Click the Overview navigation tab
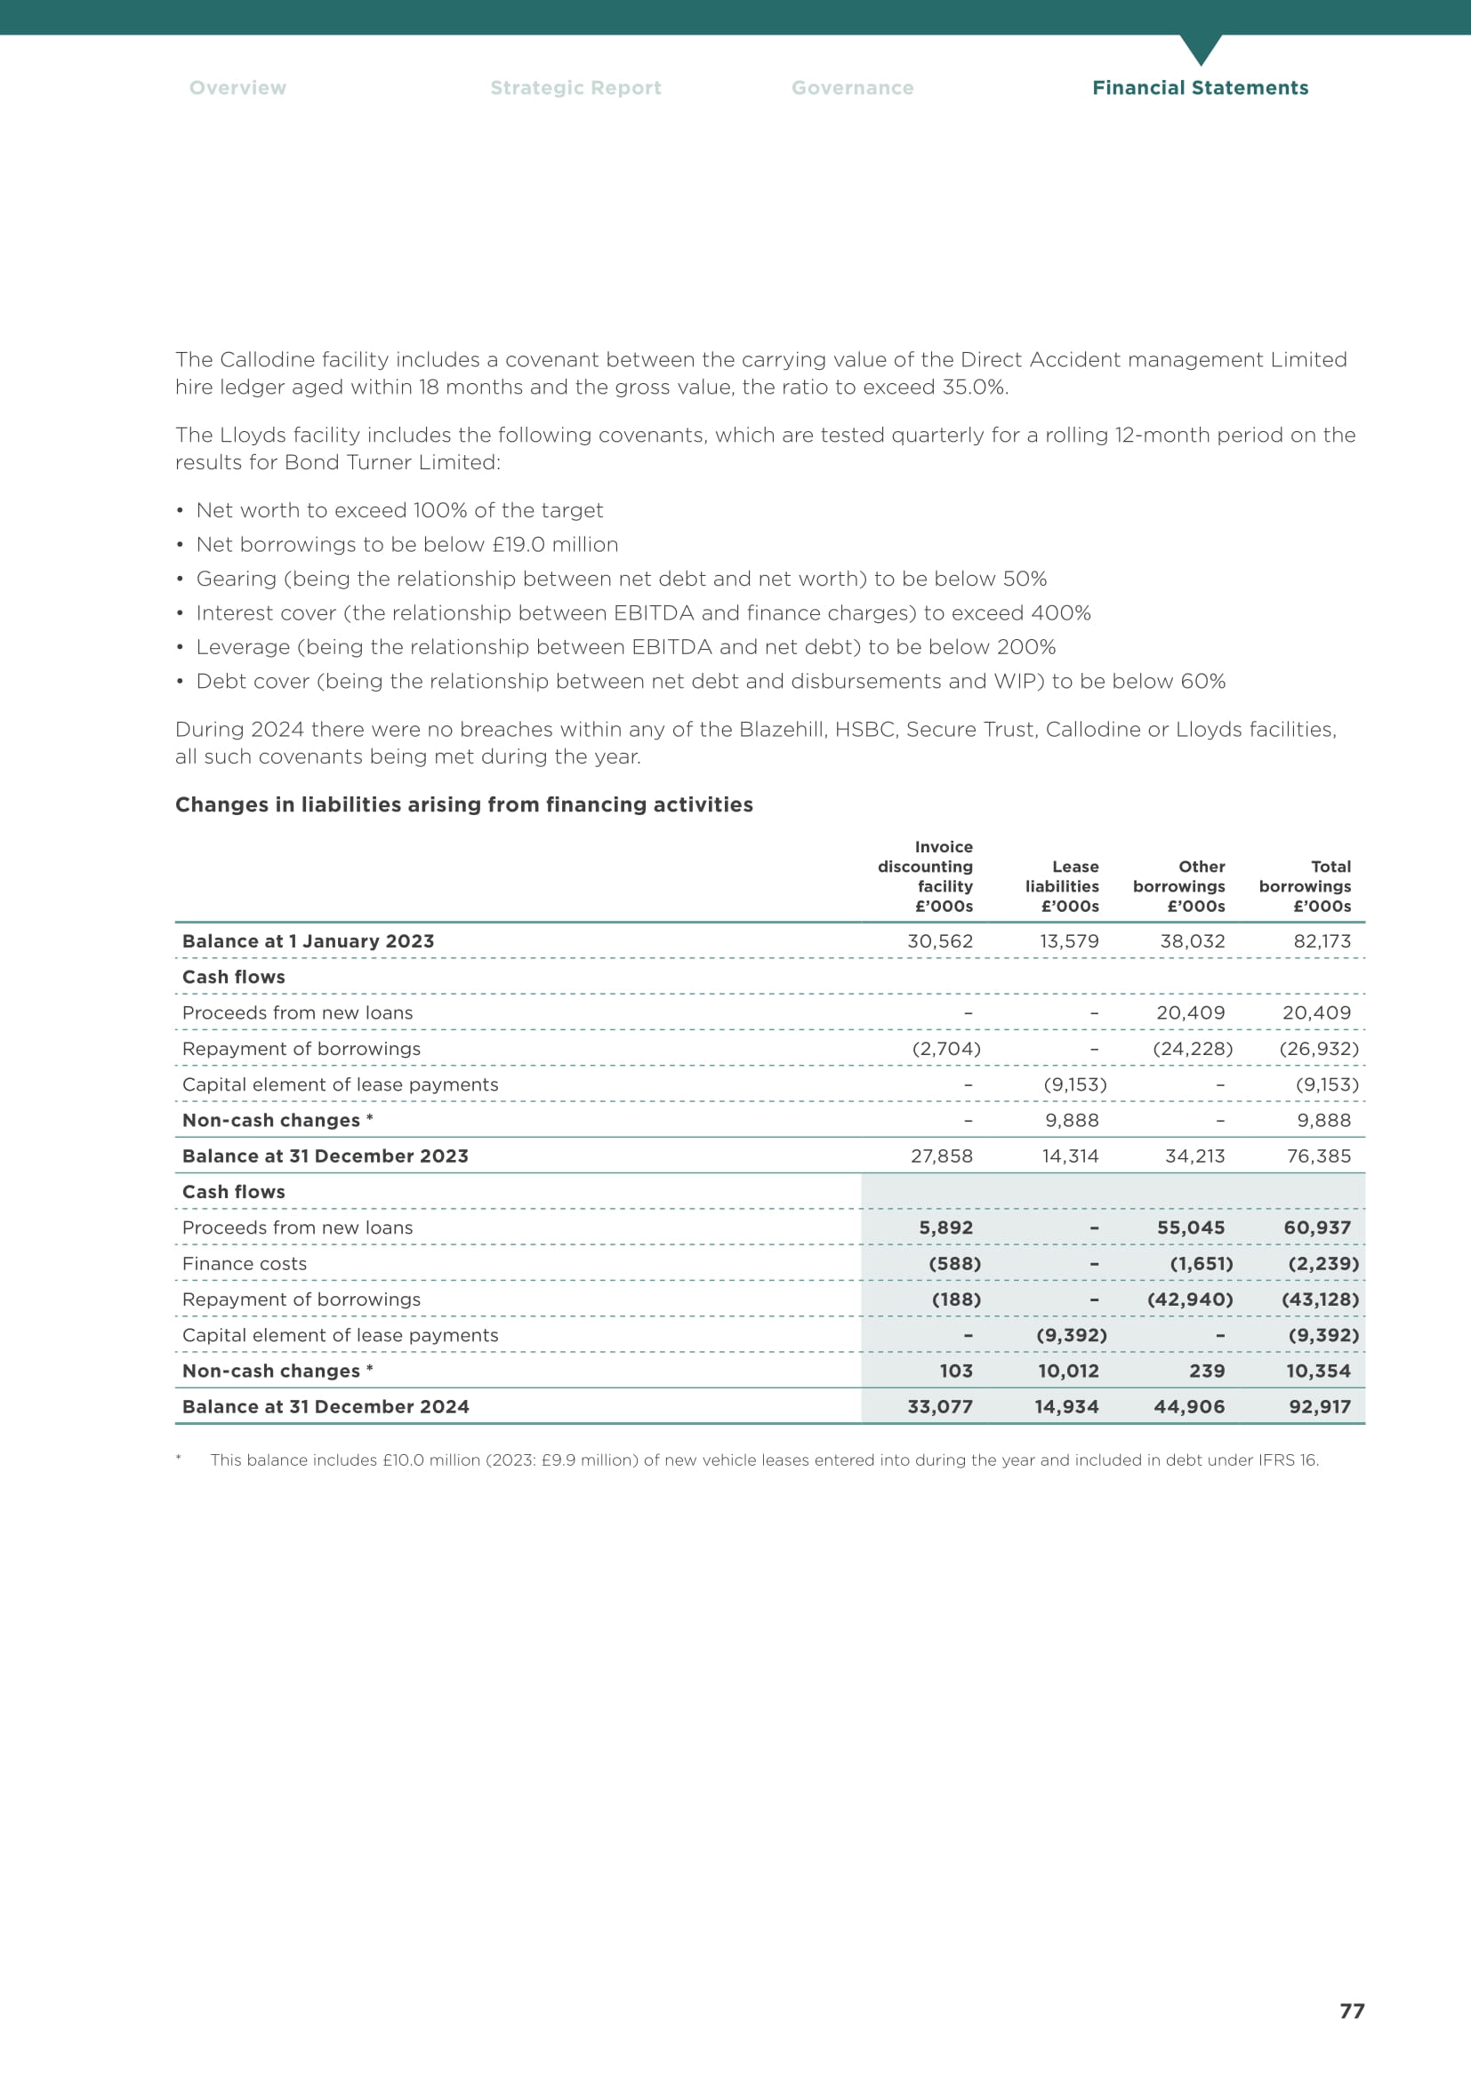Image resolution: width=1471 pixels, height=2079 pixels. pos(237,88)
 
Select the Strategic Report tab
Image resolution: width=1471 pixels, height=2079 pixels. pos(575,88)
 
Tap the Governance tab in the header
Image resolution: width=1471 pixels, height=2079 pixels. pos(852,88)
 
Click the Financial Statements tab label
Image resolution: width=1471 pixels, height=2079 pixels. pos(1199,88)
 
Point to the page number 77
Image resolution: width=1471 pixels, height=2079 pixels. pos(1352,2011)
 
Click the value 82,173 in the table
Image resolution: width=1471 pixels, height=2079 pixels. pos(1322,940)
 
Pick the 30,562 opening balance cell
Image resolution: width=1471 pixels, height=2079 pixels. pos(939,940)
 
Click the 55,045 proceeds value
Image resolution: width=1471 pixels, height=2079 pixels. pos(1190,1227)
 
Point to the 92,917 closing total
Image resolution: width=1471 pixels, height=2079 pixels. pos(1319,1406)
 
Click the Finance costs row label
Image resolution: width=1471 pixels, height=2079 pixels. pos(245,1263)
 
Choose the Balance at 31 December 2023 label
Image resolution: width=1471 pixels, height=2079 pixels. pos(326,1156)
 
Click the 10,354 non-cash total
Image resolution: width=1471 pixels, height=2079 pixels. pos(1318,1371)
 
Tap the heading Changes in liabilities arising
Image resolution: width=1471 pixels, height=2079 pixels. pos(463,805)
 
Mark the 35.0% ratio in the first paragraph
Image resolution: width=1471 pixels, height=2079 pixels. pos(975,388)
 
